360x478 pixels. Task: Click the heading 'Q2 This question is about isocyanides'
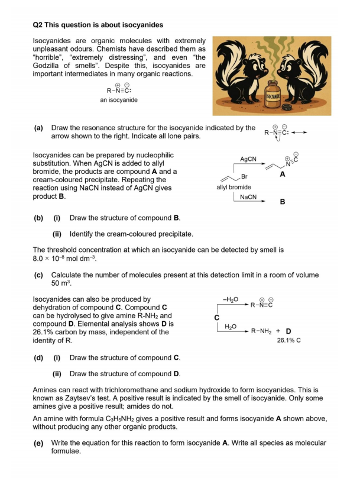98,25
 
